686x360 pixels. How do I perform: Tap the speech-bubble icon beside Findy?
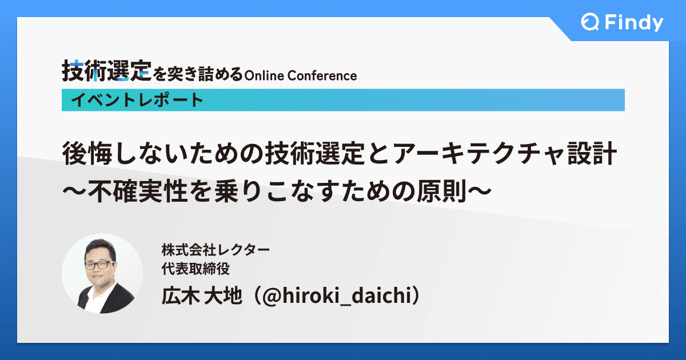[589, 23]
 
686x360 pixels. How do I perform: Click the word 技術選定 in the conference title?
[107, 72]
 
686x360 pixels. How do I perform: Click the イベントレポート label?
[137, 100]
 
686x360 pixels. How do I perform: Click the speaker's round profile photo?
[102, 273]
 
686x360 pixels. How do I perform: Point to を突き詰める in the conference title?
[197, 74]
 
